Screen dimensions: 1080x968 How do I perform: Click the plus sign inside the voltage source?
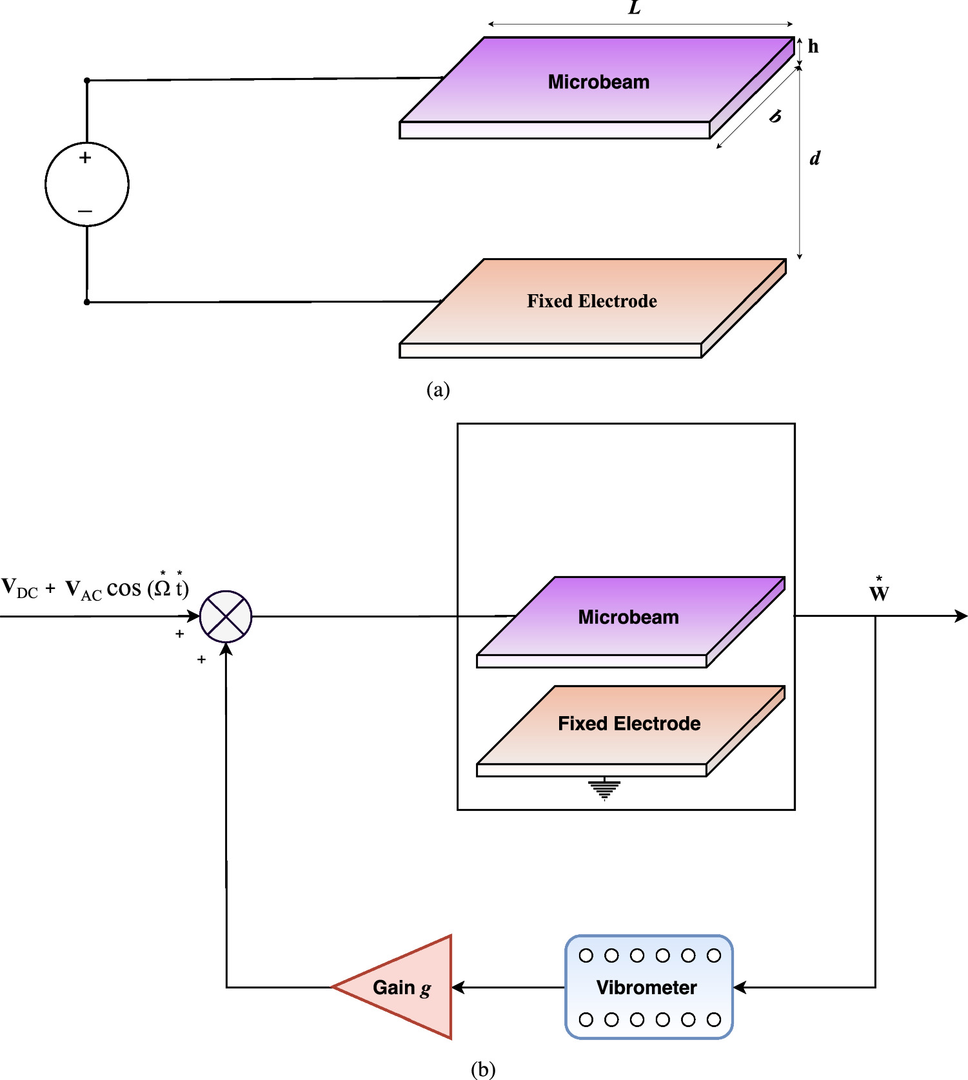(x=85, y=157)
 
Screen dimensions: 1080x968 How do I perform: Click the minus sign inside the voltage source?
(x=85, y=211)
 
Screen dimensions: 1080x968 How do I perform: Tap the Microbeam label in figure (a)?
(x=598, y=82)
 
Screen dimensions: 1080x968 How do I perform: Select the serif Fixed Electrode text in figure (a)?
(x=591, y=301)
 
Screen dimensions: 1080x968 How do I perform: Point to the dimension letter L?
(x=635, y=8)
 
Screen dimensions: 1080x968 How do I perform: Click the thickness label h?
(x=813, y=46)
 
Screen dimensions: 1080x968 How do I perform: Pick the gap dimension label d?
(x=815, y=158)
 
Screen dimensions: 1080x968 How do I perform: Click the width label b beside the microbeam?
(x=776, y=116)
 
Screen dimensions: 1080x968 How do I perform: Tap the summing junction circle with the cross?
(x=226, y=616)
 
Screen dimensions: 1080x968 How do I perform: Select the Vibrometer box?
(x=649, y=987)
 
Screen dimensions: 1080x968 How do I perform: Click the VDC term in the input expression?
(x=19, y=589)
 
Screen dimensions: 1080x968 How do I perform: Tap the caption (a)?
(x=438, y=390)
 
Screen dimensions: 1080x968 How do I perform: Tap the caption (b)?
(x=483, y=1069)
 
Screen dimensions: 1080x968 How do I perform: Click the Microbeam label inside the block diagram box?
(x=628, y=617)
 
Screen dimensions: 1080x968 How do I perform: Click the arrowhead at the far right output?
(x=961, y=616)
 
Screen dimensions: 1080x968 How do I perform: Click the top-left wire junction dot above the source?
(x=87, y=81)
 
